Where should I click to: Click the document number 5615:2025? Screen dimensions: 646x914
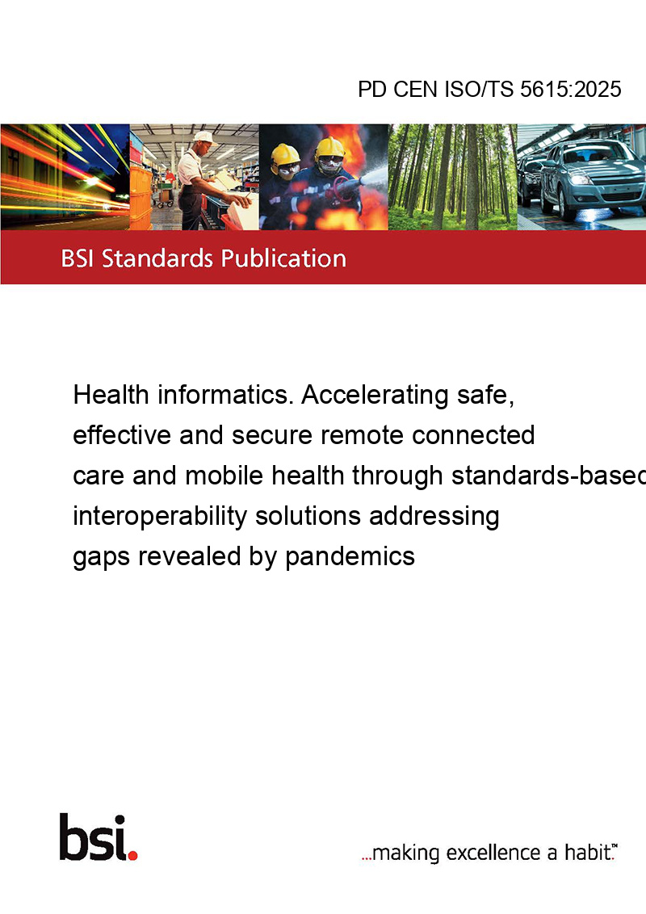click(570, 89)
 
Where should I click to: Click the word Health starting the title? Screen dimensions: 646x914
click(111, 395)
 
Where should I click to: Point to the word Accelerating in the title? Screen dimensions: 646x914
click(375, 396)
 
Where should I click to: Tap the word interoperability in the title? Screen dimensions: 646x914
click(160, 517)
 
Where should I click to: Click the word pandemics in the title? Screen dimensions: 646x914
click(350, 556)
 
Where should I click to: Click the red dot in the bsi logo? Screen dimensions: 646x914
click(132, 855)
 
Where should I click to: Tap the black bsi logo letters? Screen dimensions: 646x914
click(93, 837)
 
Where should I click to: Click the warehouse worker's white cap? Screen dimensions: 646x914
click(203, 137)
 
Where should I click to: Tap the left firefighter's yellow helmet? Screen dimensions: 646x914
click(285, 154)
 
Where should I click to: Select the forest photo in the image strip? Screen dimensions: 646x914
click(452, 177)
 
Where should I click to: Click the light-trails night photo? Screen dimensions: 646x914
click(65, 177)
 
